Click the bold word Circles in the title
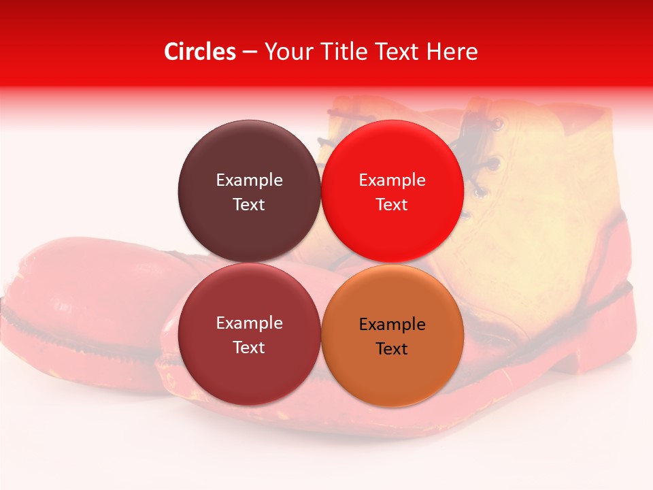[200, 52]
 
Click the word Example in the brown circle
[249, 180]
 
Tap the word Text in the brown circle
[249, 204]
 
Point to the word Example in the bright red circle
[392, 180]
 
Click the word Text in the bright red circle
[392, 204]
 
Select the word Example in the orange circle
[392, 325]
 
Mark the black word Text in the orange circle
[392, 349]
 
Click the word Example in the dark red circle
[249, 323]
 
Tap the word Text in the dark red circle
[249, 347]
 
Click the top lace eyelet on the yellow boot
[499, 125]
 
